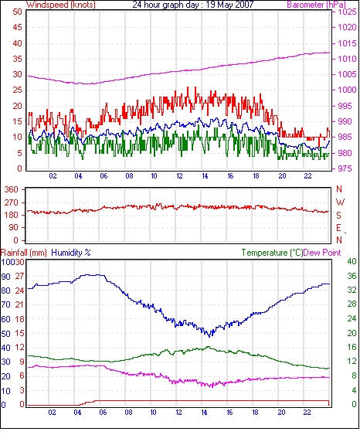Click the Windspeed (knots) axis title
[x=61, y=5]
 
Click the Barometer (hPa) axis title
[x=317, y=5]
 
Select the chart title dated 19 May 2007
[x=193, y=5]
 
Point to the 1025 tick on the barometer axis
[x=347, y=12]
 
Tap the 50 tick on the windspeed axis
[x=17, y=12]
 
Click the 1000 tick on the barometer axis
[x=347, y=90]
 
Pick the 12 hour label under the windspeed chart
[x=179, y=176]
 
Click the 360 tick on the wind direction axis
[x=12, y=190]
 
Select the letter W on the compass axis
[x=340, y=202]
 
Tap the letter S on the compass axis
[x=338, y=215]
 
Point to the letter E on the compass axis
[x=338, y=228]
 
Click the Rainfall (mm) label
[x=24, y=253]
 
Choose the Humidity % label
[x=71, y=253]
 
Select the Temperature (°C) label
[x=272, y=253]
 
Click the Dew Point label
[x=322, y=253]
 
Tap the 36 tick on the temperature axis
[x=352, y=276]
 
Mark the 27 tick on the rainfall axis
[x=19, y=276]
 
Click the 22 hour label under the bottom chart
[x=307, y=413]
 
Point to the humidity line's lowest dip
[x=209, y=336]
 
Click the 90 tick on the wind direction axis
[x=14, y=228]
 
